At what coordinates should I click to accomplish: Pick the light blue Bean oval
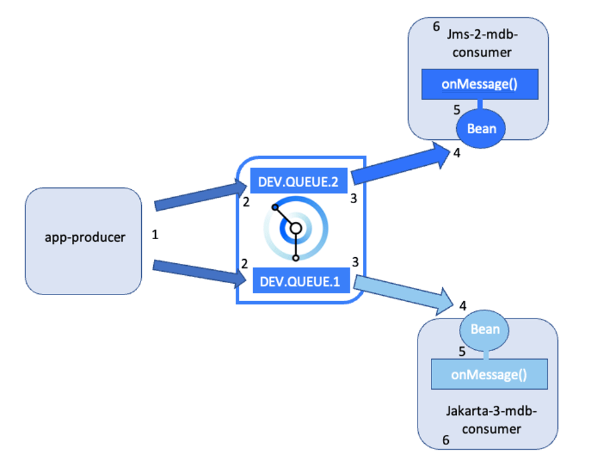point(485,329)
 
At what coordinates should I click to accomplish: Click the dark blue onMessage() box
point(479,84)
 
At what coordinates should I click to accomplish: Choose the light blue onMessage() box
point(489,374)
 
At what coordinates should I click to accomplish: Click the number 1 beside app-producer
point(155,235)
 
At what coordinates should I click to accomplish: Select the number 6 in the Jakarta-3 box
point(446,440)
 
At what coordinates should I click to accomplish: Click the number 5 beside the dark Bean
point(457,110)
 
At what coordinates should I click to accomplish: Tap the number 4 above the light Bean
point(462,306)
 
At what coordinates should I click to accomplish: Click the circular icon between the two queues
point(296,229)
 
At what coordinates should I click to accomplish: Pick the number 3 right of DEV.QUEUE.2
point(354,198)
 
